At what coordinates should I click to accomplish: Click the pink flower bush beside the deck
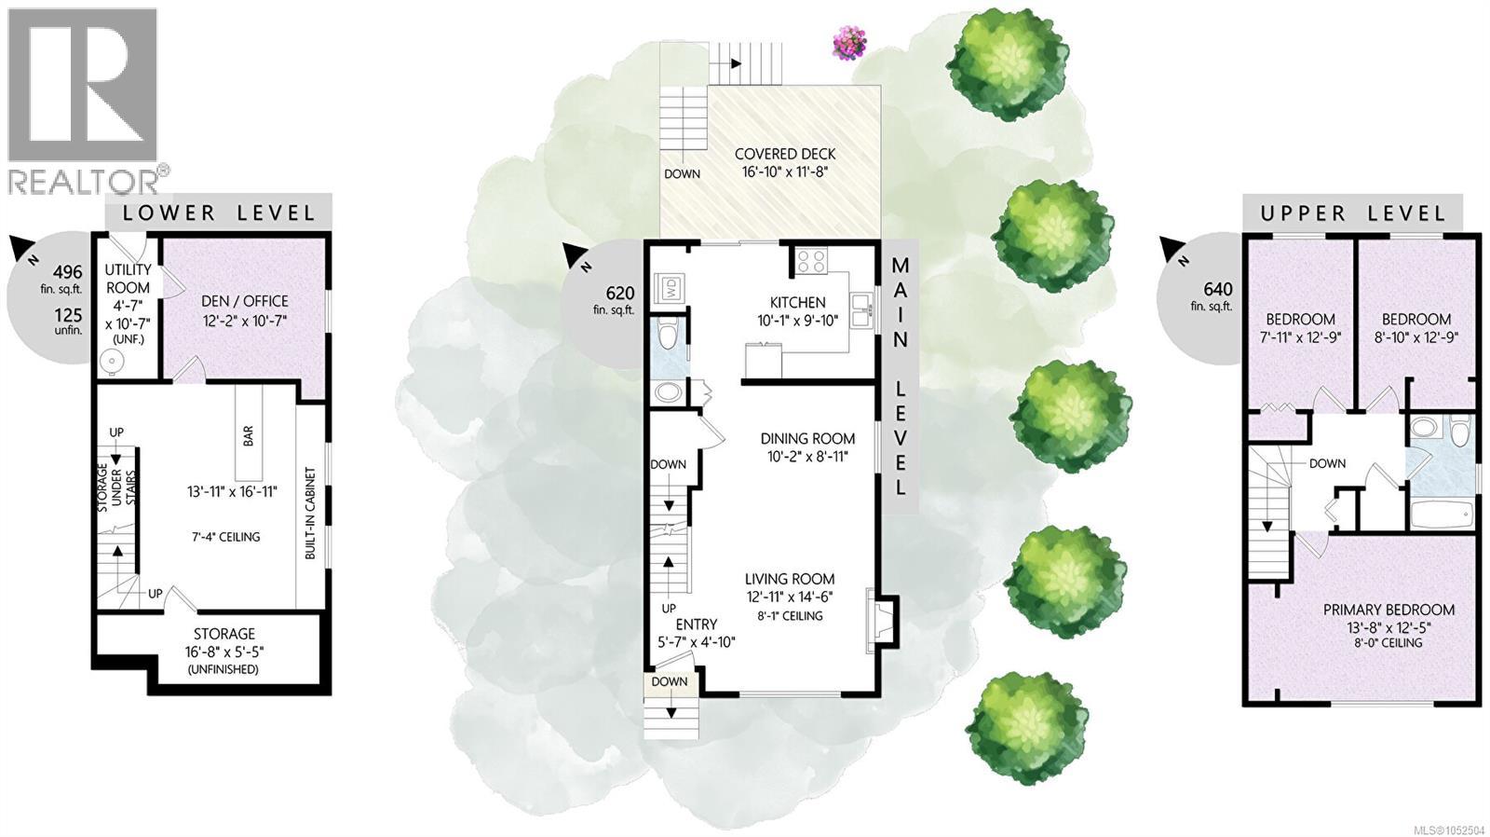[x=850, y=43]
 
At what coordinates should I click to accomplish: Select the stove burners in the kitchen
[x=812, y=260]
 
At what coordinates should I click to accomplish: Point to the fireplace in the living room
[x=880, y=621]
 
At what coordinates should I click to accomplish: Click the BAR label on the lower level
[x=248, y=437]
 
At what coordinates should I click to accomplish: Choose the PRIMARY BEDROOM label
[x=1388, y=610]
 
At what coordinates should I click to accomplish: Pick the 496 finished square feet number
[x=68, y=271]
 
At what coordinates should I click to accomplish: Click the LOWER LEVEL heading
[x=219, y=213]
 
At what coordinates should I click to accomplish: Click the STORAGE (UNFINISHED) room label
[x=224, y=652]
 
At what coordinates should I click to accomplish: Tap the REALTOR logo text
[x=83, y=181]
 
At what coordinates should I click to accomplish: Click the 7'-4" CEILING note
[x=223, y=537]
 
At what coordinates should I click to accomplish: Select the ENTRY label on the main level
[x=697, y=624]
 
